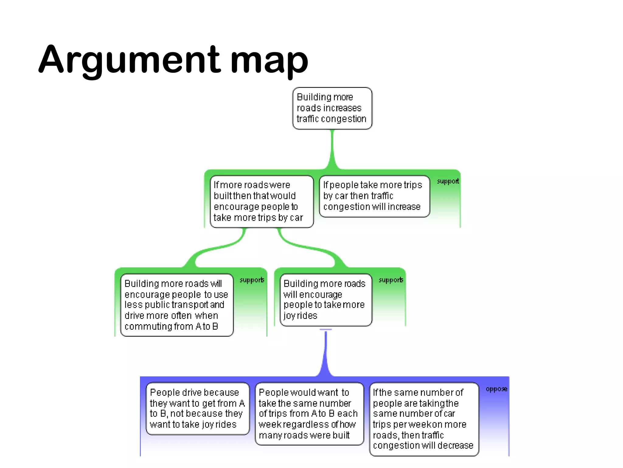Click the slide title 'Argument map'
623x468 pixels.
pos(173,59)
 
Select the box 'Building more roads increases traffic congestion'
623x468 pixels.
pos(332,108)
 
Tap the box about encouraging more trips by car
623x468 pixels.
pos(261,201)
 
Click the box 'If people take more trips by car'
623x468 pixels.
pos(374,196)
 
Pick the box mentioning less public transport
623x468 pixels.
pos(177,305)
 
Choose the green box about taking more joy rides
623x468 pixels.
pos(325,300)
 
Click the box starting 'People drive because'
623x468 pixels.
pos(197,408)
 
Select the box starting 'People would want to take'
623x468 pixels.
pos(309,414)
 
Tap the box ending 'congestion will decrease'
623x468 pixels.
pos(424,419)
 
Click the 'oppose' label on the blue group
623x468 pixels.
pos(496,389)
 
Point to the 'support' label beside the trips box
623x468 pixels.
pos(448,181)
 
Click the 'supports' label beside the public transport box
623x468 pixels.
pos(252,280)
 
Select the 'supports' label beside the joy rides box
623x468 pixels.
pos(391,280)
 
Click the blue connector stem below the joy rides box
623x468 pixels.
pos(325,353)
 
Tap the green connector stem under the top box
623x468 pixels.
pos(332,149)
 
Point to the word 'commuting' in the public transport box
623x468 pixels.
pos(144,327)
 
